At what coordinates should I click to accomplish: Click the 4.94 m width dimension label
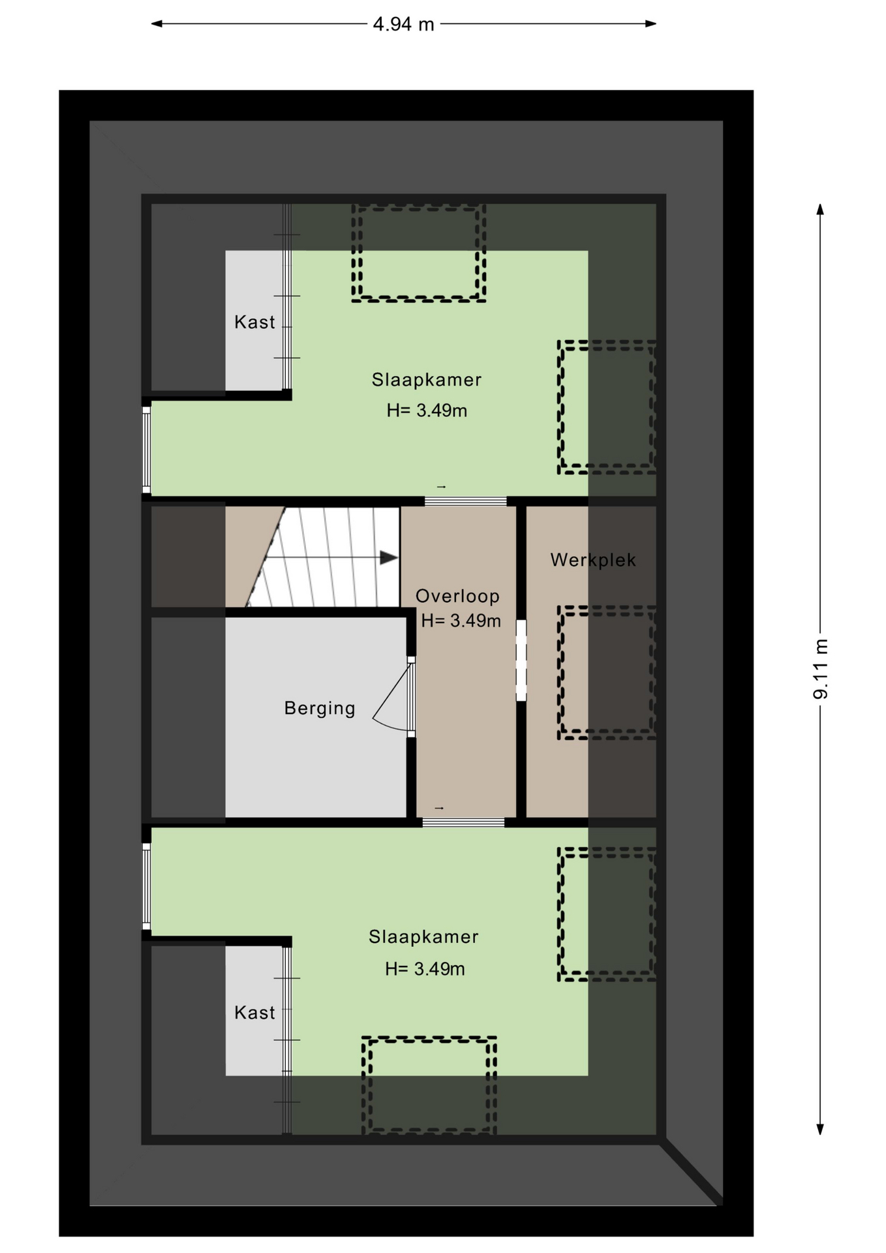click(x=403, y=24)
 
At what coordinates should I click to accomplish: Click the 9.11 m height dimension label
click(x=820, y=669)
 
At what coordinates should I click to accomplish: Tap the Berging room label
click(x=320, y=708)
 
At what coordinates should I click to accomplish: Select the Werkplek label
click(x=592, y=560)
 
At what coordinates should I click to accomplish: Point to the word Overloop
click(x=457, y=596)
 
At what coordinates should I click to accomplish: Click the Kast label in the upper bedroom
click(x=254, y=322)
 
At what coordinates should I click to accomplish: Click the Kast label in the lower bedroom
click(x=254, y=1012)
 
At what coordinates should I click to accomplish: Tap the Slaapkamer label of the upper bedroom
click(x=427, y=379)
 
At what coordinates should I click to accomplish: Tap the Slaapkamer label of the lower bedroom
click(x=423, y=936)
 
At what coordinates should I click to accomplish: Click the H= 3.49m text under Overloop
click(x=461, y=621)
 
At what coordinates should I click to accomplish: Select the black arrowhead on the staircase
click(x=389, y=557)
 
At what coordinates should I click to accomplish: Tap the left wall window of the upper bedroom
click(x=146, y=450)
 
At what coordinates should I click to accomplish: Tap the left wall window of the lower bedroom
click(x=146, y=886)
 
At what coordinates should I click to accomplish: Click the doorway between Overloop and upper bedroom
click(x=465, y=501)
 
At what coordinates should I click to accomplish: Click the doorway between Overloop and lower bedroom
click(x=463, y=822)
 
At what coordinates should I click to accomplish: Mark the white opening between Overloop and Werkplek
click(x=521, y=660)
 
